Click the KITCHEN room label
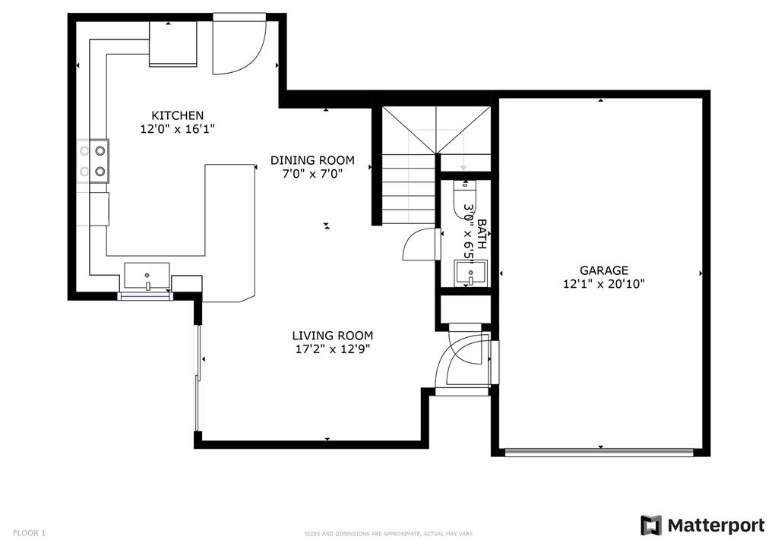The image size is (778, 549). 177,115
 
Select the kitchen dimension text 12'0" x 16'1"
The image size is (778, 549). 177,129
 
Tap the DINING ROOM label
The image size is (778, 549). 312,160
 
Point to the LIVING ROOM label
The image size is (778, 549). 332,336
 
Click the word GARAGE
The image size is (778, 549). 604,270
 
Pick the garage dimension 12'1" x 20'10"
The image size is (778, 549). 604,284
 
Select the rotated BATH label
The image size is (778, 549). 481,235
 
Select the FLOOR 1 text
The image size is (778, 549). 29,533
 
